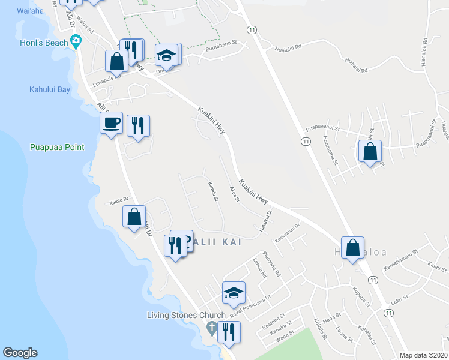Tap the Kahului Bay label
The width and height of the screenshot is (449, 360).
(x=50, y=90)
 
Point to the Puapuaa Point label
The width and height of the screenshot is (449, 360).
(x=58, y=147)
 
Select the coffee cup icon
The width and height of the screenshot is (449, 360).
(x=111, y=123)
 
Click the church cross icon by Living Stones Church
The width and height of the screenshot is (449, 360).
(x=211, y=328)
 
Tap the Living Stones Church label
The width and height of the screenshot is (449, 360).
(x=187, y=315)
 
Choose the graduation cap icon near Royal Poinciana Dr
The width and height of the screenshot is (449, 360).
(x=234, y=292)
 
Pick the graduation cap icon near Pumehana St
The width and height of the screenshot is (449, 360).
(x=167, y=55)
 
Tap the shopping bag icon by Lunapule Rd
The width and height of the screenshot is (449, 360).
(x=116, y=61)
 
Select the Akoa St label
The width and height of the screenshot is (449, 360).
(x=234, y=194)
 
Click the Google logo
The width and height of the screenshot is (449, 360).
(x=20, y=353)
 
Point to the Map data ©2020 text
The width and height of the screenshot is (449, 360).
(x=423, y=355)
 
